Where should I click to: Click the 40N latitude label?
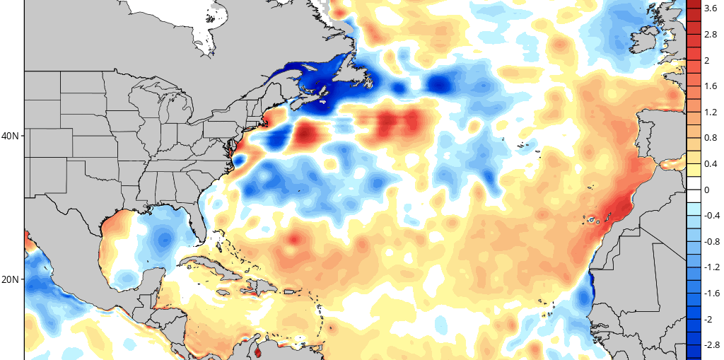[x=11, y=137]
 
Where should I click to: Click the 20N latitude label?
[x=11, y=279]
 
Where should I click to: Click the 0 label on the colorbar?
[x=707, y=190]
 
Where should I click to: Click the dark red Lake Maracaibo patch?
[x=257, y=354]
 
